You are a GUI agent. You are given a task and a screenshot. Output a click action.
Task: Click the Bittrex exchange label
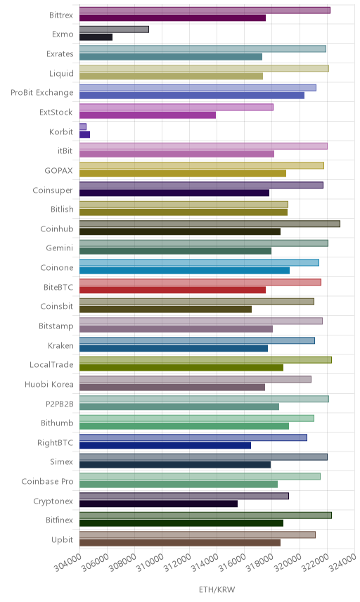(x=61, y=15)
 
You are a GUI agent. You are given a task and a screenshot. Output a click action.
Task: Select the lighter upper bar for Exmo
(x=114, y=29)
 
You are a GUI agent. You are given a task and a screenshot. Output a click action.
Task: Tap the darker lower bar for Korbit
(x=84, y=134)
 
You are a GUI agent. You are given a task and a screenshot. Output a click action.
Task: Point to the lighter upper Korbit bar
(x=83, y=127)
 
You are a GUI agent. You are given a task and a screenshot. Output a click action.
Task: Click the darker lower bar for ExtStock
(x=148, y=115)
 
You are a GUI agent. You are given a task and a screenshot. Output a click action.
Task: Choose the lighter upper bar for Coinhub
(x=210, y=224)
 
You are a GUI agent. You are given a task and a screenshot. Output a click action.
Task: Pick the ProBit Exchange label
(x=41, y=93)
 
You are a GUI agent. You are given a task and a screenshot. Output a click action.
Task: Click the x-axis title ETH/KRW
(x=217, y=589)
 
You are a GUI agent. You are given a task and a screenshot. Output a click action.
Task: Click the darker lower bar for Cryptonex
(x=158, y=504)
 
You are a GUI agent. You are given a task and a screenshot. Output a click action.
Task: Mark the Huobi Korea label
(x=49, y=384)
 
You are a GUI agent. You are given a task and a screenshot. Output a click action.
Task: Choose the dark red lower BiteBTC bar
(x=172, y=290)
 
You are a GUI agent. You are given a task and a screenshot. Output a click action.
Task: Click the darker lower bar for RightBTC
(x=165, y=445)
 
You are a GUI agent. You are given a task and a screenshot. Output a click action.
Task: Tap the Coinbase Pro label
(x=47, y=482)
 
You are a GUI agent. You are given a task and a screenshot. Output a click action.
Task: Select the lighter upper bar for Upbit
(x=198, y=534)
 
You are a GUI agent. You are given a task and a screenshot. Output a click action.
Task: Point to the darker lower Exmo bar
(x=96, y=37)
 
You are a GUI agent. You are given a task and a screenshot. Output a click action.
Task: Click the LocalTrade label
(x=51, y=365)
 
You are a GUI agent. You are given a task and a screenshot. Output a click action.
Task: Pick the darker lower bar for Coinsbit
(x=165, y=309)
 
